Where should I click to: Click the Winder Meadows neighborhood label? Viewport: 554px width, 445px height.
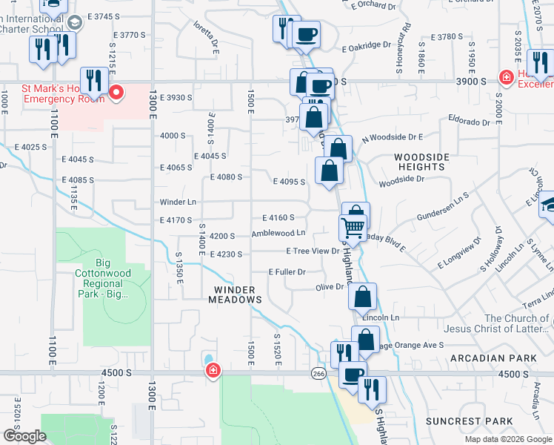pyautogui.click(x=238, y=294)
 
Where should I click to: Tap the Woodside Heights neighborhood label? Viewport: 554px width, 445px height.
pyautogui.click(x=421, y=162)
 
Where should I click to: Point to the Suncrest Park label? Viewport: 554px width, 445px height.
pyautogui.click(x=469, y=421)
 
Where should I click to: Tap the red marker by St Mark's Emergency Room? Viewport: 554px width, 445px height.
pyautogui.click(x=116, y=92)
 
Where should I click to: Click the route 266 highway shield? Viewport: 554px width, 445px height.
pyautogui.click(x=318, y=373)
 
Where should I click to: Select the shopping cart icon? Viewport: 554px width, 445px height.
pyautogui.click(x=353, y=226)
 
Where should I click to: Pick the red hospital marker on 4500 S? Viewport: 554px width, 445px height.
pyautogui.click(x=213, y=370)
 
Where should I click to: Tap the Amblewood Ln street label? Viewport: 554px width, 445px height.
pyautogui.click(x=278, y=234)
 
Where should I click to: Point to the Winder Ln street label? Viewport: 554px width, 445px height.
pyautogui.click(x=178, y=202)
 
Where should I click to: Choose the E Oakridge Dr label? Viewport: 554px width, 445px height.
pyautogui.click(x=366, y=45)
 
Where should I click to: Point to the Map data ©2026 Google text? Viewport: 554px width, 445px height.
pyautogui.click(x=507, y=439)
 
